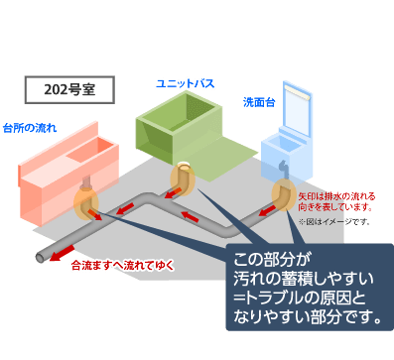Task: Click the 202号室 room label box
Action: click(68, 89)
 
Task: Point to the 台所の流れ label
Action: click(30, 128)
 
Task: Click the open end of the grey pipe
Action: click(41, 258)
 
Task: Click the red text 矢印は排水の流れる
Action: click(335, 197)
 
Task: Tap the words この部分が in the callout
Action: click(267, 259)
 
